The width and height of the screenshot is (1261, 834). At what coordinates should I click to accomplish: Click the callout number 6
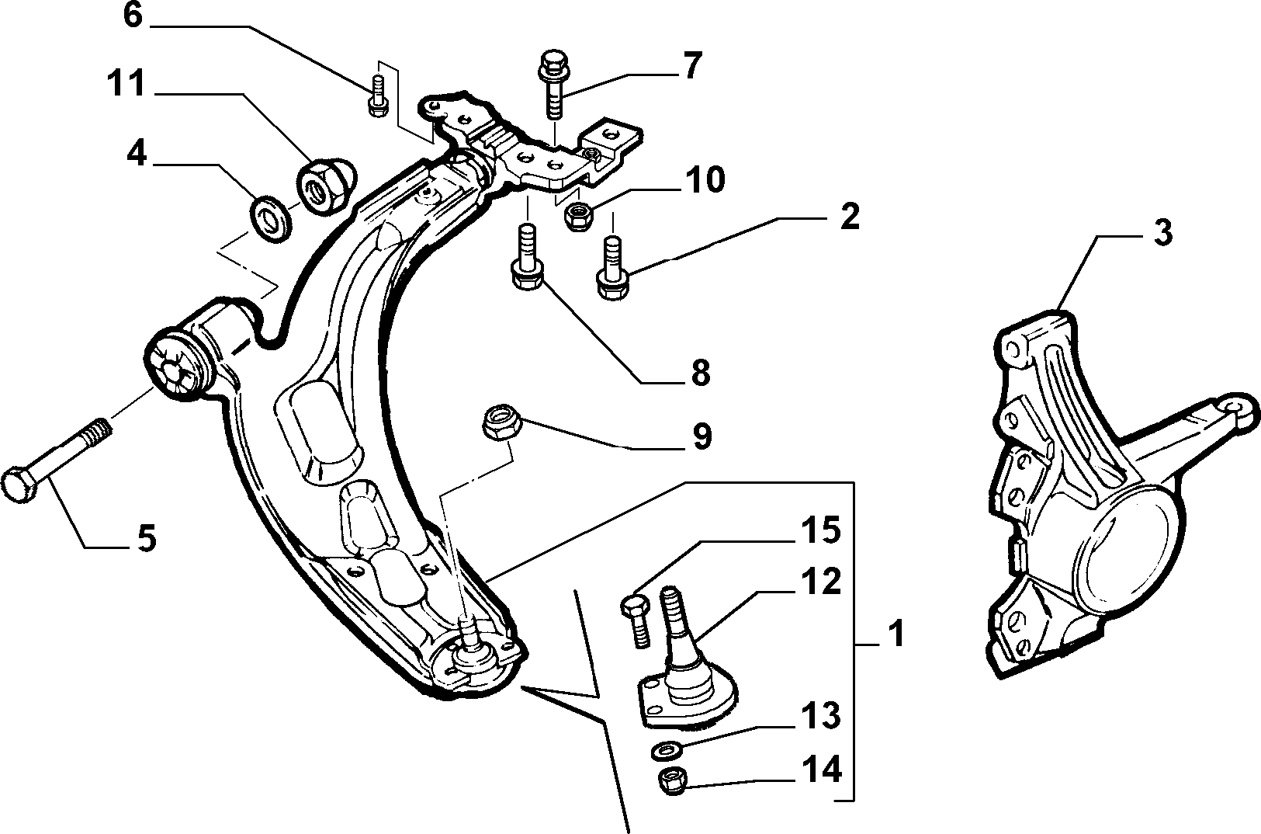pyautogui.click(x=133, y=16)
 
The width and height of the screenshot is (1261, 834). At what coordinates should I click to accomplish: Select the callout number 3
pyautogui.click(x=1163, y=232)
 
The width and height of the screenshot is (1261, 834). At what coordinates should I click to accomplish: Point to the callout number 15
pyautogui.click(x=821, y=530)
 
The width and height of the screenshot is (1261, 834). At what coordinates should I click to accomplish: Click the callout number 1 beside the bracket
pyautogui.click(x=895, y=633)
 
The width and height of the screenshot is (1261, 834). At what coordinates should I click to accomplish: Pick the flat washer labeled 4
pyautogui.click(x=270, y=219)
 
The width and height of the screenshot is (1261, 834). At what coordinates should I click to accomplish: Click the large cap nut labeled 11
pyautogui.click(x=326, y=185)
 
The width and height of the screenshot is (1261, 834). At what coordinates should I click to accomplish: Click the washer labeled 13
pyautogui.click(x=667, y=750)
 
